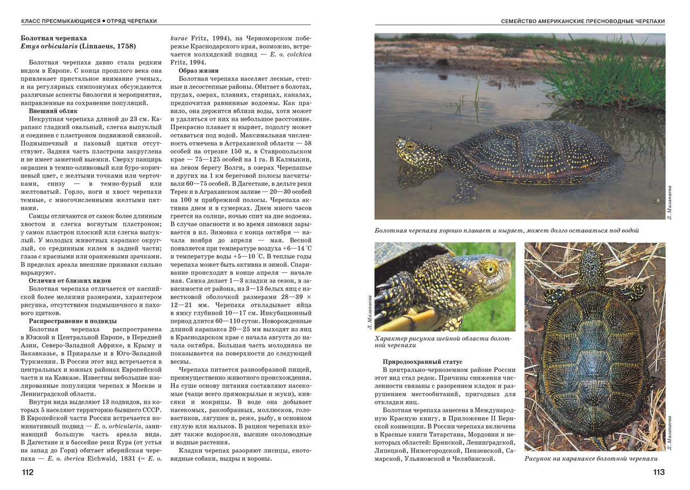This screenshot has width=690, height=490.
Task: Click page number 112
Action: [27, 472]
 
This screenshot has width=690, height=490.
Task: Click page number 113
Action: [658, 472]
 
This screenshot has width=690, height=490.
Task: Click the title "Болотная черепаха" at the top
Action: [53, 38]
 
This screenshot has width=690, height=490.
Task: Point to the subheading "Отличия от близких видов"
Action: [70, 280]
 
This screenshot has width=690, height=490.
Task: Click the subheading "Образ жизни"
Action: [198, 71]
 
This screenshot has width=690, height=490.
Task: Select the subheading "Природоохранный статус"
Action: [422, 361]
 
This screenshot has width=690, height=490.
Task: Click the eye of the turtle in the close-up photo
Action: [488, 268]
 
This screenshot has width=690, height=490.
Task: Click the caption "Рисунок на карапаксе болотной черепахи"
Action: [591, 459]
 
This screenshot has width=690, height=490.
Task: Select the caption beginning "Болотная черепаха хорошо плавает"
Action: [507, 230]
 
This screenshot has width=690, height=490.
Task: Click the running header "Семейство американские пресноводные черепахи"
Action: [583, 21]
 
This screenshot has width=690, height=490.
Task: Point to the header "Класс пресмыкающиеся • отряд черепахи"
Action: [89, 21]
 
